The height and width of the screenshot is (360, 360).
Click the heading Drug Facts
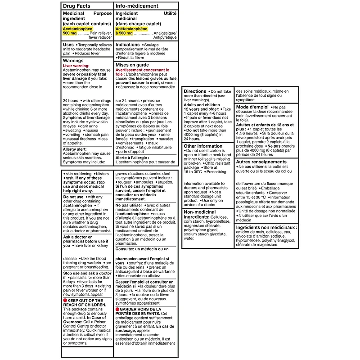click(77, 6)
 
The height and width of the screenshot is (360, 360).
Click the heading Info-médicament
click(137, 6)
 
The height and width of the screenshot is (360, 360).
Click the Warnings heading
click(73, 60)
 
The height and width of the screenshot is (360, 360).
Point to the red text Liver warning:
click(76, 66)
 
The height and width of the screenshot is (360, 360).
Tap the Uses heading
click(68, 45)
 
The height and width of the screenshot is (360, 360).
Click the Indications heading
click(128, 45)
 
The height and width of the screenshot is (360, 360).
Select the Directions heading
click(195, 91)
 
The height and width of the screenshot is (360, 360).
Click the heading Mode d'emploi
click(252, 107)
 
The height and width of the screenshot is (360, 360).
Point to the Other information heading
click(203, 146)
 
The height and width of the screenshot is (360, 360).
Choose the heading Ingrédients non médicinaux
click(266, 228)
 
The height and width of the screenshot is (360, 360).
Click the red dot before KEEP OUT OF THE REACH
click(65, 300)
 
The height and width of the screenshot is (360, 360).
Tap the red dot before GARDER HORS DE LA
click(117, 309)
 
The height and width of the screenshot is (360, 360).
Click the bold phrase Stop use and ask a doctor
click(87, 273)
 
